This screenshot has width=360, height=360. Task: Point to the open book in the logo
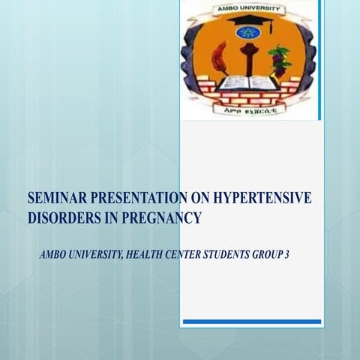(247, 82)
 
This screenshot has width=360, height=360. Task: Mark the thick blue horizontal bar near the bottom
(252, 322)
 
